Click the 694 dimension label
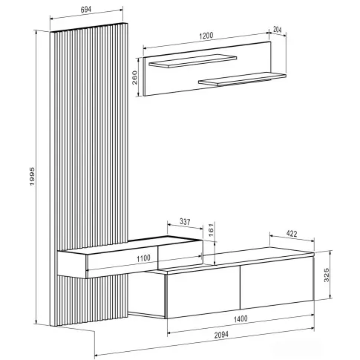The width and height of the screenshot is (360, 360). [86, 10]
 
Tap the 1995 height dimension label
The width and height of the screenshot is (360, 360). [32, 177]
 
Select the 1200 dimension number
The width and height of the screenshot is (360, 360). [206, 36]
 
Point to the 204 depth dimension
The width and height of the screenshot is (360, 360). [278, 30]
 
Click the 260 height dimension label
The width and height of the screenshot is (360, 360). [134, 77]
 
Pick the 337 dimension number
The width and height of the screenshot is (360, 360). [185, 222]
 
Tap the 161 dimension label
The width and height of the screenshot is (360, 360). [211, 230]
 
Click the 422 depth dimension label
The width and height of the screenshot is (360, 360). [292, 234]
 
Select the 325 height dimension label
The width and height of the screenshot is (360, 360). [327, 275]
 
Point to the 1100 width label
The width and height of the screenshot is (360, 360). [143, 258]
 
